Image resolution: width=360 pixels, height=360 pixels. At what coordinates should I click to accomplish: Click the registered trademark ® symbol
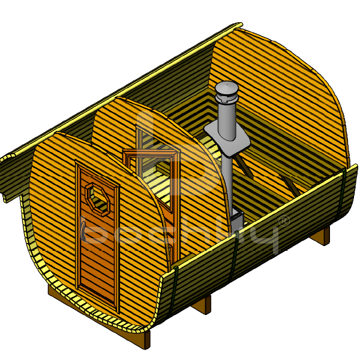pos(284,221)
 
